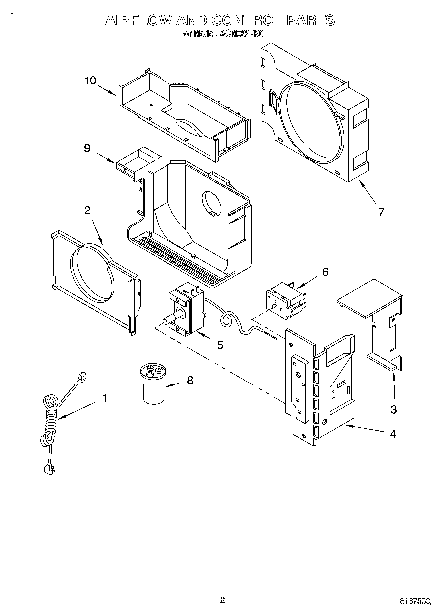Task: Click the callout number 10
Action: pos(90,80)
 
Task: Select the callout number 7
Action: pos(381,212)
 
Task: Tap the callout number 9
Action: pos(87,148)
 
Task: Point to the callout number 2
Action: pos(87,210)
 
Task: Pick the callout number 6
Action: pos(325,272)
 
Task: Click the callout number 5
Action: pos(220,345)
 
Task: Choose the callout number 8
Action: pos(190,380)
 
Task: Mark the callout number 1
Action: pos(105,398)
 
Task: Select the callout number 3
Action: pos(394,409)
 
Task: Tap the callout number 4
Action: pos(393,434)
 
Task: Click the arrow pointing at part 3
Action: pos(394,386)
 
